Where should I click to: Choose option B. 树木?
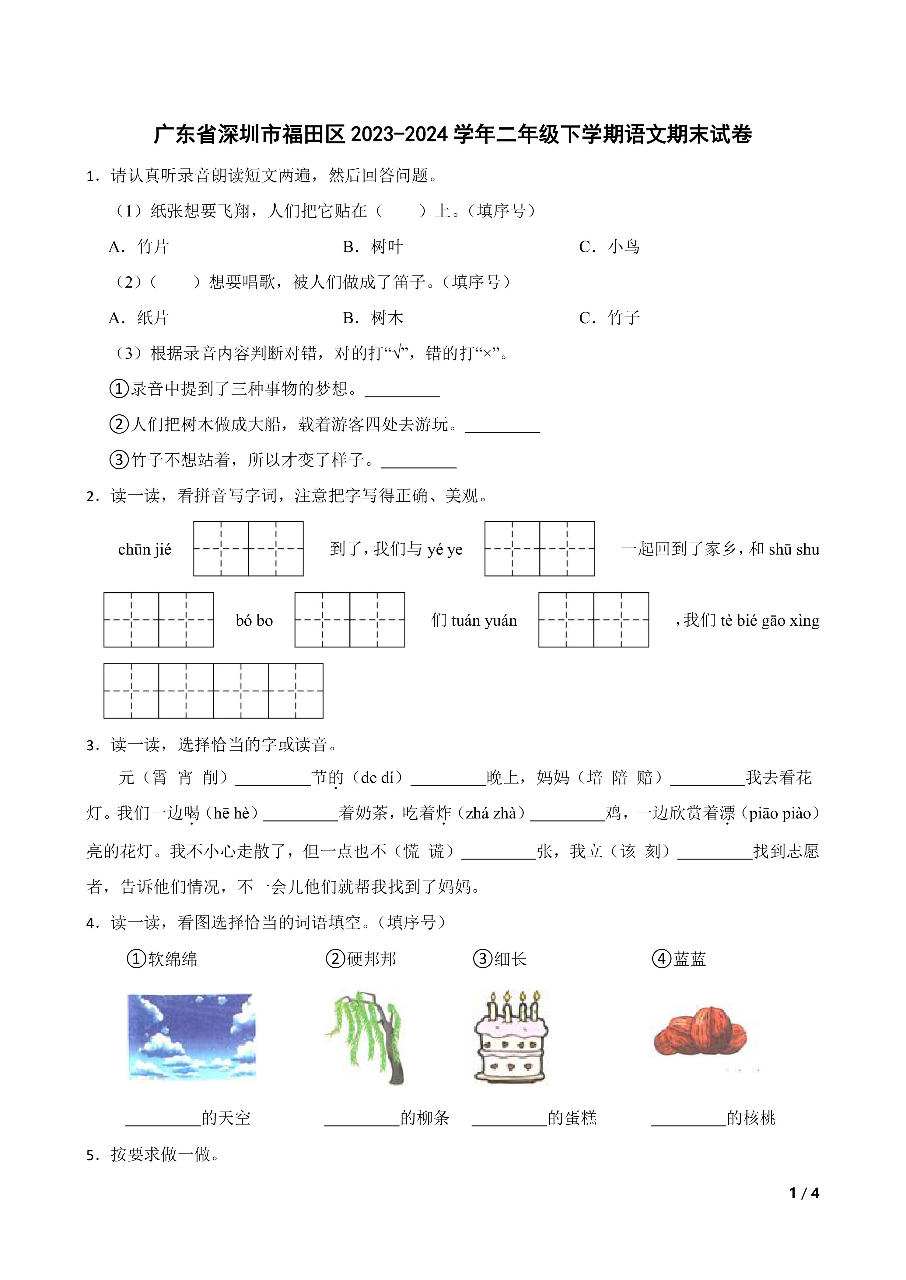[x=373, y=318]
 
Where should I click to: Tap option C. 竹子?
[x=609, y=318]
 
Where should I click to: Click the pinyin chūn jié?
[x=145, y=550]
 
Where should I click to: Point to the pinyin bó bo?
[x=254, y=621]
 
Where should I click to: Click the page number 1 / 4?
[x=804, y=1193]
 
